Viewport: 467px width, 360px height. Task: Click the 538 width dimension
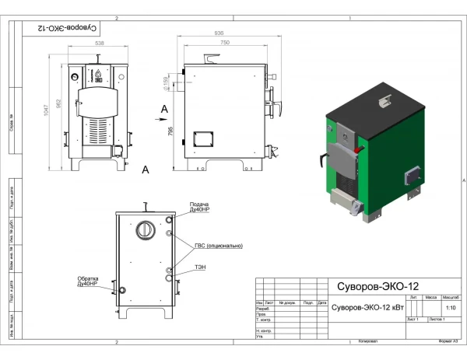[x=100, y=44]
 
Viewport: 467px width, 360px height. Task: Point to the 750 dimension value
[x=225, y=44]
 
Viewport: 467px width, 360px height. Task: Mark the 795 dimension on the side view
[x=172, y=132]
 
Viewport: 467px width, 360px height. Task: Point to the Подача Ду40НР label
[x=200, y=208]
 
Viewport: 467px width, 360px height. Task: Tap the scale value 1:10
[x=450, y=308]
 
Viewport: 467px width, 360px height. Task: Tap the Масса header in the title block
[x=430, y=298]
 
